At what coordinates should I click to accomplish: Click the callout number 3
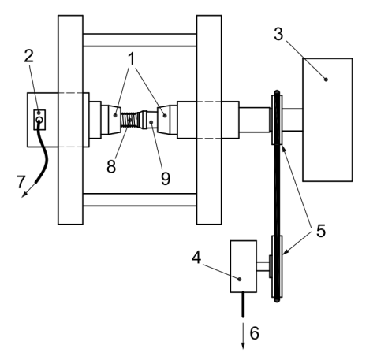tap(278, 34)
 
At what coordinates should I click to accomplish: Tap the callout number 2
tap(29, 56)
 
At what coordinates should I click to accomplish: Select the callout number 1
tap(132, 59)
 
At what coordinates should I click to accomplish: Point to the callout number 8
tap(111, 166)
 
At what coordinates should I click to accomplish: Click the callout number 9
tap(166, 179)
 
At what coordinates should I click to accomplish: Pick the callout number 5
tap(321, 231)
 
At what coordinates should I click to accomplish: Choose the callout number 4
tap(196, 258)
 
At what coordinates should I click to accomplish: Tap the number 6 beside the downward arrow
tap(254, 333)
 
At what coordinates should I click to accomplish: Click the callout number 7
tap(21, 182)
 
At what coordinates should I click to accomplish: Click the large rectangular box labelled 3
tap(327, 120)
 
